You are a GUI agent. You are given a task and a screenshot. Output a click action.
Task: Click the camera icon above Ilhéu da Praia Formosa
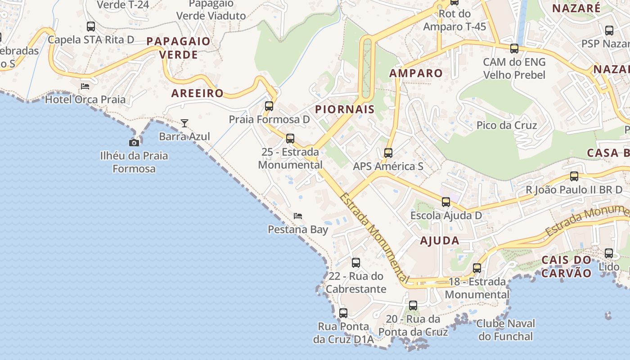coord(134,143)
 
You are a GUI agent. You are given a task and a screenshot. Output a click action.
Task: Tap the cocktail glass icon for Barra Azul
coord(184,123)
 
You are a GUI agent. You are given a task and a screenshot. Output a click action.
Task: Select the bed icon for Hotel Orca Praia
coord(85,86)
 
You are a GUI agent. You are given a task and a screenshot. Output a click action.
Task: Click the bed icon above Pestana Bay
coord(298,216)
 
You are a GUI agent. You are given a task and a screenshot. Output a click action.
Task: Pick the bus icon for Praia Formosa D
coord(269,106)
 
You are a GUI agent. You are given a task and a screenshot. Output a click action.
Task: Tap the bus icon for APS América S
coord(388,153)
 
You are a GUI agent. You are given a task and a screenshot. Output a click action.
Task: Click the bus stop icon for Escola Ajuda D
coord(446,202)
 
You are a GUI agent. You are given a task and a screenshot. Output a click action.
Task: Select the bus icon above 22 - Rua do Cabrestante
coord(356,263)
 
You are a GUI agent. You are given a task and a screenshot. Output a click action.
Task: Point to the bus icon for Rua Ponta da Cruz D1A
coord(343,313)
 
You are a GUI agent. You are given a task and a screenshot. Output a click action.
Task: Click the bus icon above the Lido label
coord(609,253)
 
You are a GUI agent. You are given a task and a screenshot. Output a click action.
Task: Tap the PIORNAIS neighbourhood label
coord(345,109)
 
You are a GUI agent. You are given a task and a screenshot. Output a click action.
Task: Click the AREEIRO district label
coord(198,94)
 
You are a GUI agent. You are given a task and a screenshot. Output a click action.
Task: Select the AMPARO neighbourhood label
coord(416,73)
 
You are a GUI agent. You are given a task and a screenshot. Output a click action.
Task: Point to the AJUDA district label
coord(440,241)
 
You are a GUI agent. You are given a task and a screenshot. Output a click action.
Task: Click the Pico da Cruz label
coord(507,125)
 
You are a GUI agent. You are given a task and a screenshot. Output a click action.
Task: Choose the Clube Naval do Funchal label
coord(506,330)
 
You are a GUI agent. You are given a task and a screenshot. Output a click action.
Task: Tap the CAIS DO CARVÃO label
coord(566,266)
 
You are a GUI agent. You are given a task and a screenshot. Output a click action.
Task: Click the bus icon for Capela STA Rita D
coord(91,27)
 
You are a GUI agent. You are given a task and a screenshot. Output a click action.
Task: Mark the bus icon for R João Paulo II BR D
coord(574,176)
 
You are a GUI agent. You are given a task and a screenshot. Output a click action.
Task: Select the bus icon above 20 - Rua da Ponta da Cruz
coord(413,306)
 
